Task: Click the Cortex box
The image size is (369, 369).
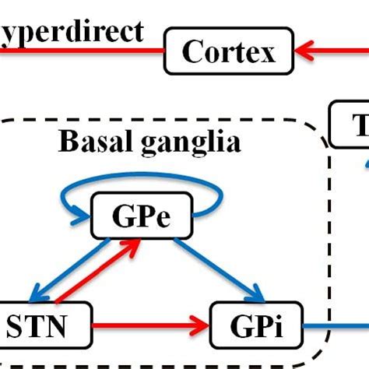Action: coord(230,52)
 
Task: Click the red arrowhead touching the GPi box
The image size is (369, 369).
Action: coord(204,321)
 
